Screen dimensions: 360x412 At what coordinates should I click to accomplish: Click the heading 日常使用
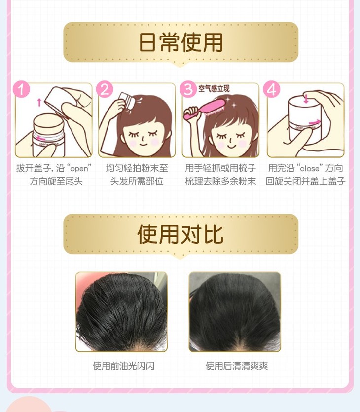[180, 42]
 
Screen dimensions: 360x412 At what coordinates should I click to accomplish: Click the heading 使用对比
[180, 234]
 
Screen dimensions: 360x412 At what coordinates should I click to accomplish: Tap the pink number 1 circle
[22, 89]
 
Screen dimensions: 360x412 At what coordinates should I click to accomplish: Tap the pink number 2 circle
[105, 89]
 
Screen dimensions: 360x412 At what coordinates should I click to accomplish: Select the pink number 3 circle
[188, 89]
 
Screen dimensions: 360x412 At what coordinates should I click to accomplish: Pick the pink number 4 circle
[272, 89]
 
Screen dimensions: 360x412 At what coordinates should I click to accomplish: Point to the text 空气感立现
[214, 89]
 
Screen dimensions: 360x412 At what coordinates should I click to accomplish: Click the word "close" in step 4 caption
[310, 168]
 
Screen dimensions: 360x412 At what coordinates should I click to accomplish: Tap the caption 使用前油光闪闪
[123, 366]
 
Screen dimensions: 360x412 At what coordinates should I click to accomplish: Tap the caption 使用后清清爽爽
[237, 366]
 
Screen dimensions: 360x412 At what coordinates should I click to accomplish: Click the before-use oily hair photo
[121, 312]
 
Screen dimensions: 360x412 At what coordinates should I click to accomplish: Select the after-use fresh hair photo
[235, 312]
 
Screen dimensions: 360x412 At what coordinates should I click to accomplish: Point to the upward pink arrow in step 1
[39, 102]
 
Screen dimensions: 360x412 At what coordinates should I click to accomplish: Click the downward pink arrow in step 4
[306, 99]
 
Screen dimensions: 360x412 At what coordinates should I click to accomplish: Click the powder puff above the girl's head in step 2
[126, 100]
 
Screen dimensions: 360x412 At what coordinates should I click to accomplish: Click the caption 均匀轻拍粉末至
[137, 168]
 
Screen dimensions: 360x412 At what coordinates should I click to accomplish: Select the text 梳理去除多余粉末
[220, 181]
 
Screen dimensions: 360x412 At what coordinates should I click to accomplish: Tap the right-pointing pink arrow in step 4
[315, 122]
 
